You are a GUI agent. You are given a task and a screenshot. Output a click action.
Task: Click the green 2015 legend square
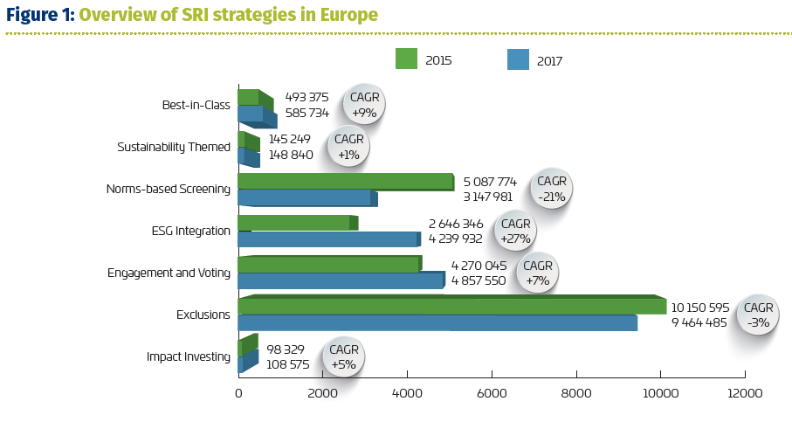coord(406,59)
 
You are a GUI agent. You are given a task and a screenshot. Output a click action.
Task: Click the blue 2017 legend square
coord(518,59)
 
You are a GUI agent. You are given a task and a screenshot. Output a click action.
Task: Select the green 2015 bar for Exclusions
coord(452,304)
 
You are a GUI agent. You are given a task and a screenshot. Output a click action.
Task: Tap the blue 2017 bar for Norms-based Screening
coord(307,198)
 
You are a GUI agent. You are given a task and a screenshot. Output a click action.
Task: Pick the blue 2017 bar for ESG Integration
coord(329,239)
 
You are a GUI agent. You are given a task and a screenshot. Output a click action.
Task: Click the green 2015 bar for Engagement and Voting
coord(330,265)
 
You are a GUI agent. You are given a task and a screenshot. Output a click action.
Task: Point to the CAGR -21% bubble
coord(551,189)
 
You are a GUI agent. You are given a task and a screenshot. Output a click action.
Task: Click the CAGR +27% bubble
coord(515,231)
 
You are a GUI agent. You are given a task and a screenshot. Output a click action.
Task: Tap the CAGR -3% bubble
coord(758,315)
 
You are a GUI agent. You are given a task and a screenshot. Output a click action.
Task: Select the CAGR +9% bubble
coord(364,105)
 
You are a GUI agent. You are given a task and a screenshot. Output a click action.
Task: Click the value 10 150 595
coord(700,308)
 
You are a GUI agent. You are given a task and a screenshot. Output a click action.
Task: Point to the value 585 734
coord(307,113)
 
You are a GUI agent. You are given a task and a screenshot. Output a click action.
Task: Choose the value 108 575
coord(288,364)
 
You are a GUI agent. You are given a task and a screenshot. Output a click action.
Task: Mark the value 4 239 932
coord(456,239)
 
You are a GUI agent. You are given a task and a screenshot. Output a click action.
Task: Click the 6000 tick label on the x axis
coord(492,393)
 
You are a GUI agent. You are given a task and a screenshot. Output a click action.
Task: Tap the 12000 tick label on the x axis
coord(745,393)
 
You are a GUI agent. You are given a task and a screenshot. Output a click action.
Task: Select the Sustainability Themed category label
coord(174,147)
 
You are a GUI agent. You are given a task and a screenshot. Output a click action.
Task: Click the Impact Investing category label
coord(189,356)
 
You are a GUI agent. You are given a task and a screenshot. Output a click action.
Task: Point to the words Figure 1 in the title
coord(40,15)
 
